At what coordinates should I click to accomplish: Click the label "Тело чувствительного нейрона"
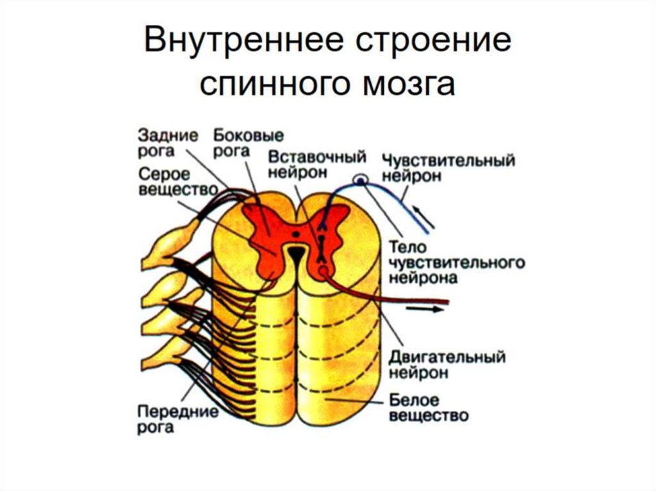pos(455,262)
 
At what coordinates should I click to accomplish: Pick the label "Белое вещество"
pos(427,408)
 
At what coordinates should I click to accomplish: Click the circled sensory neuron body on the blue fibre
pos(361,181)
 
